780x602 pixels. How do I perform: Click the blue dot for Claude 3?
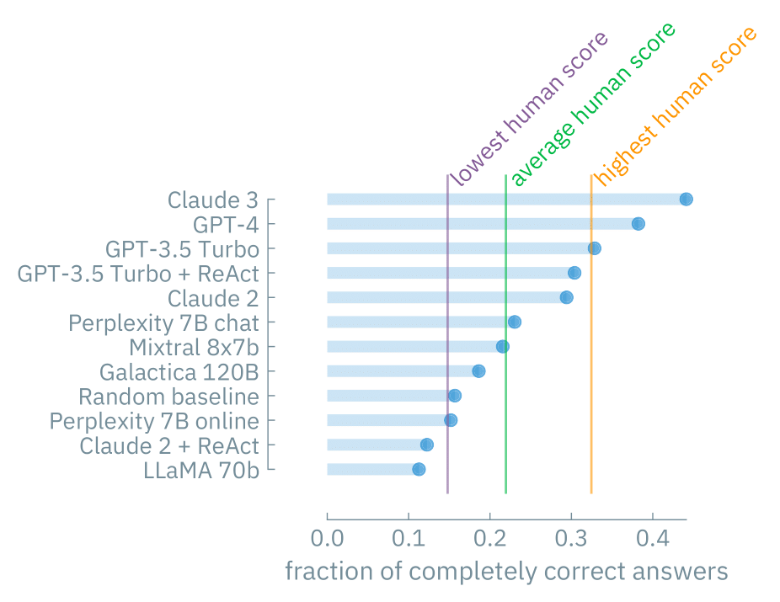(x=686, y=200)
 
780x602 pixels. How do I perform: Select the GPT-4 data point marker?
(x=638, y=224)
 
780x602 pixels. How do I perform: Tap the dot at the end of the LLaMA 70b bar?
(x=419, y=469)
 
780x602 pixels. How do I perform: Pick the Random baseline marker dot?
(x=454, y=396)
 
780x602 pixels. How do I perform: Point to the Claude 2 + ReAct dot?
(x=426, y=445)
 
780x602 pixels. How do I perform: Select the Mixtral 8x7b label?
(x=194, y=347)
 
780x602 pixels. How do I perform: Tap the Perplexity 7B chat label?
(x=163, y=322)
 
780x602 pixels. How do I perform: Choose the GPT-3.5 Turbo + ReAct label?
(x=138, y=274)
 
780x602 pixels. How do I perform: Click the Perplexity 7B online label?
(x=154, y=420)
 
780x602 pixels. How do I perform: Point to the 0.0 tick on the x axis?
(x=327, y=537)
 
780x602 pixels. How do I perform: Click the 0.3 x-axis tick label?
(x=571, y=537)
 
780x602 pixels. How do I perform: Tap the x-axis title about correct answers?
(x=505, y=572)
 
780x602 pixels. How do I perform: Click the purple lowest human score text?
(x=529, y=109)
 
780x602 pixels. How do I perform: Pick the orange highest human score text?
(x=676, y=107)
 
